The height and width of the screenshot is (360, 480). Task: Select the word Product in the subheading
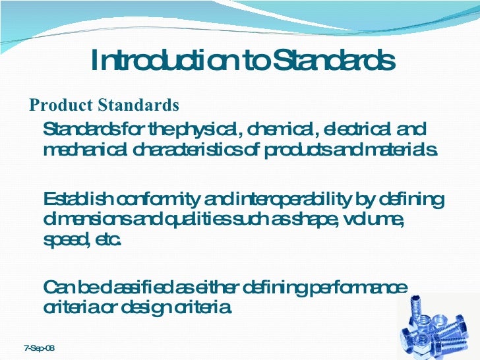pos(62,105)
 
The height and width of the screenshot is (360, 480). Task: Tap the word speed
pos(64,240)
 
